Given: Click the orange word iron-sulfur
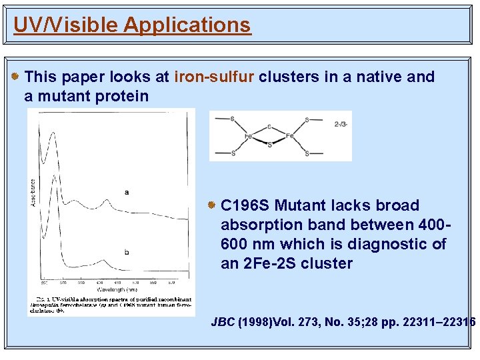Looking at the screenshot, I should [x=214, y=77].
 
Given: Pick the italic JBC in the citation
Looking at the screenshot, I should [x=222, y=322].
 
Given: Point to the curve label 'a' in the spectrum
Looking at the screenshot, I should [x=126, y=192].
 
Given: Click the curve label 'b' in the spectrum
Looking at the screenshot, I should [x=126, y=251].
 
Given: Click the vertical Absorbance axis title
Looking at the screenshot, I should [x=33, y=194].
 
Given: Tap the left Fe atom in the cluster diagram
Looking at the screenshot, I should [x=247, y=136].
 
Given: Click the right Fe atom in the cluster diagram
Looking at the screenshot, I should [x=290, y=136].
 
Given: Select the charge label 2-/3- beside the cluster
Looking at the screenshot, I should [x=340, y=123].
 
